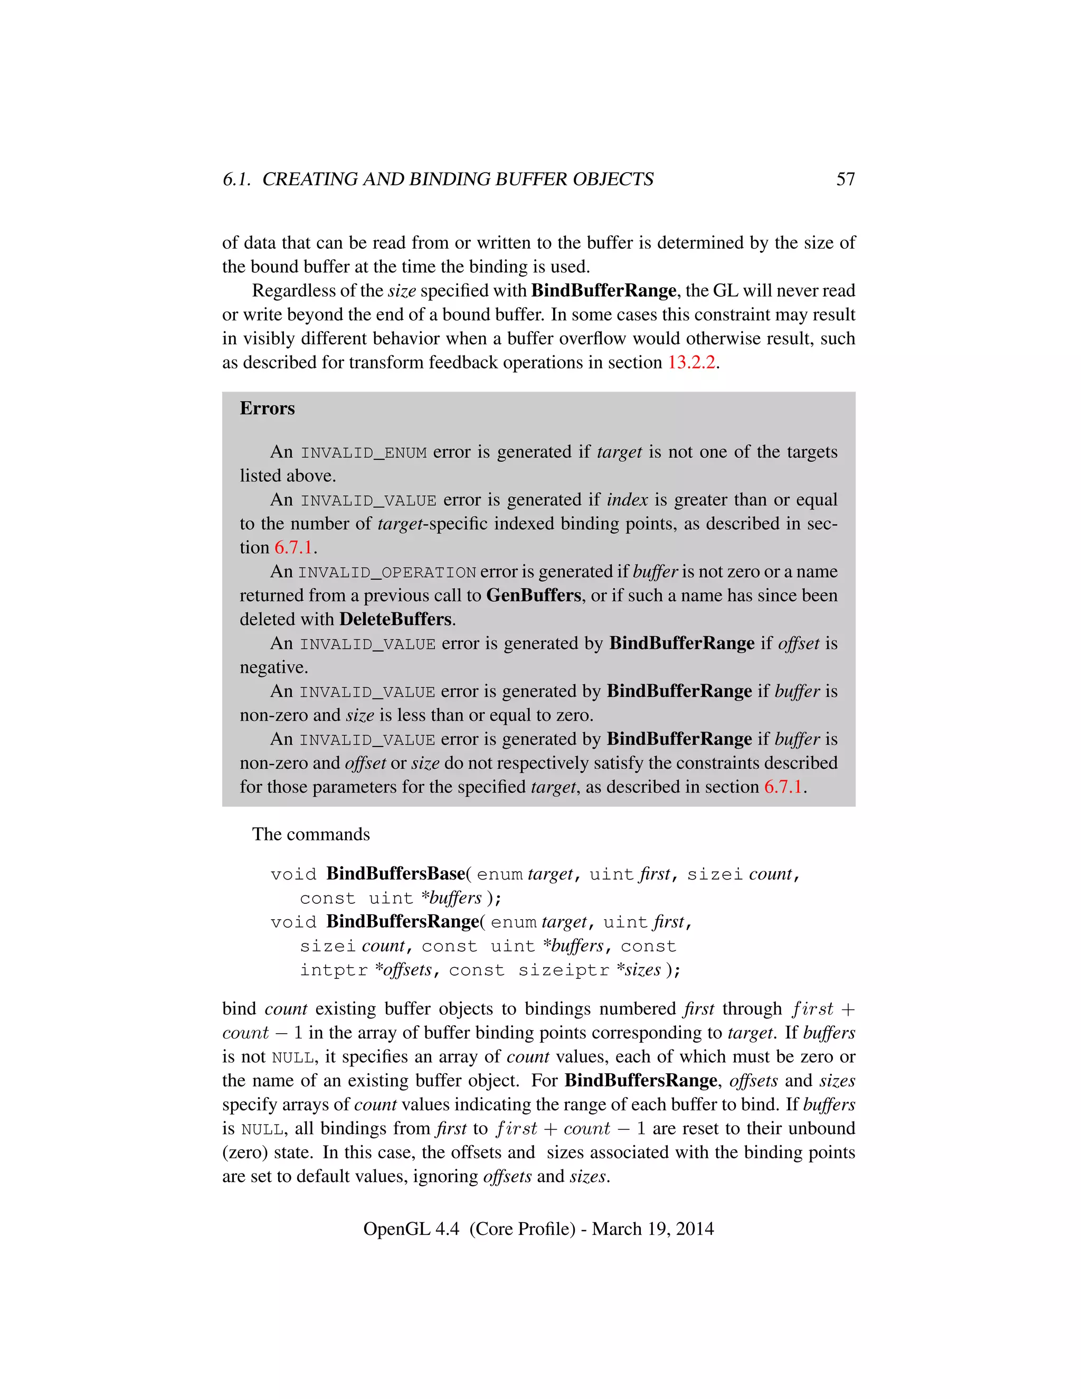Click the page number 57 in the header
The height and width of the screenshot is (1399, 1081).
tap(846, 179)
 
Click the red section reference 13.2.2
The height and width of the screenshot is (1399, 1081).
tap(691, 363)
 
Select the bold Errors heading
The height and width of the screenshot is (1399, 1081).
tap(267, 408)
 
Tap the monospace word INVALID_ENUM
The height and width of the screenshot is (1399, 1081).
tap(364, 453)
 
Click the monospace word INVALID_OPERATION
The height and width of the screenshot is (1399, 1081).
tap(387, 572)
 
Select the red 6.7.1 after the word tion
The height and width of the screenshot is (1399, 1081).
tap(293, 547)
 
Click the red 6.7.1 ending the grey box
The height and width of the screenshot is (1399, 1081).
tap(783, 787)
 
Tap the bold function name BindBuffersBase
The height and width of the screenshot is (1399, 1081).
tap(396, 874)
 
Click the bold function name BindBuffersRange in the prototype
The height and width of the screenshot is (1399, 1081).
tap(403, 922)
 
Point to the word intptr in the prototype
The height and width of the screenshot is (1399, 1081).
tap(334, 970)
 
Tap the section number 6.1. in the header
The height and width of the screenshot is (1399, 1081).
tap(237, 179)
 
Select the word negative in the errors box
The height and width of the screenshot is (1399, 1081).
tap(274, 667)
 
